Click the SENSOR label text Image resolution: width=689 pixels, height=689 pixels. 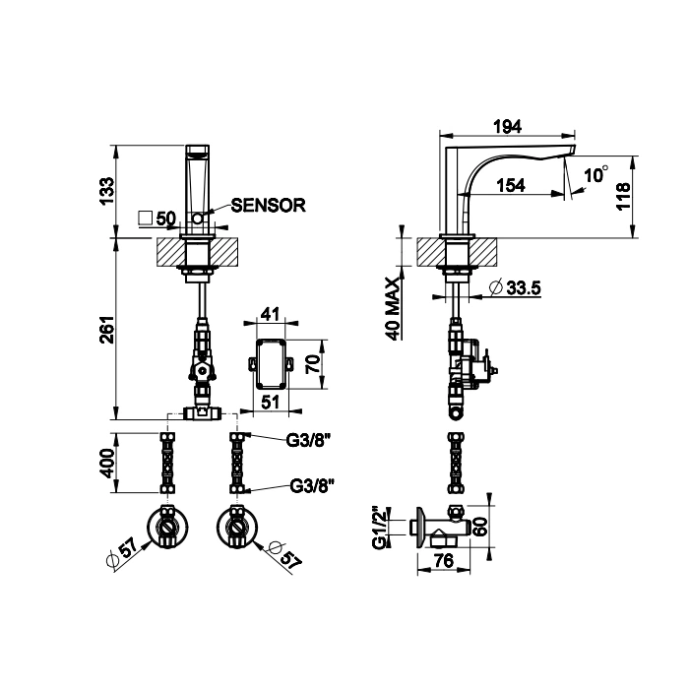(268, 205)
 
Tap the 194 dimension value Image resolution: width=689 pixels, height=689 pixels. (508, 127)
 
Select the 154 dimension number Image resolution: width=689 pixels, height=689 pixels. (512, 185)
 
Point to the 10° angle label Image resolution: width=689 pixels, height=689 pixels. (596, 174)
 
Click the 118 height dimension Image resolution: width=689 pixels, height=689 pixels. (623, 197)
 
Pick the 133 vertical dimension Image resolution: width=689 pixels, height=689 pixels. (106, 191)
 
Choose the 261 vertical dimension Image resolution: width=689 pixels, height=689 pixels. (106, 330)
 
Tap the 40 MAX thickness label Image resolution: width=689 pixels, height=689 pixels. (394, 308)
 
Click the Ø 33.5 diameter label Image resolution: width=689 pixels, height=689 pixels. (515, 287)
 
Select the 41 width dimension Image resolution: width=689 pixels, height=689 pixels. (271, 314)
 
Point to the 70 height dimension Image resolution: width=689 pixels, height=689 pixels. (312, 364)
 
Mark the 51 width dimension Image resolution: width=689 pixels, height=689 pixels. (271, 402)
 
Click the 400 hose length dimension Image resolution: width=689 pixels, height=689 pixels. (106, 464)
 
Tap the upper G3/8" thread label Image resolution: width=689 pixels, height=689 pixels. (307, 440)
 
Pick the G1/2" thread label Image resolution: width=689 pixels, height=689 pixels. (379, 528)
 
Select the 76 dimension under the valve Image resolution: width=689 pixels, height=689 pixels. (443, 560)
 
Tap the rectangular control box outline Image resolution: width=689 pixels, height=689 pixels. (271, 364)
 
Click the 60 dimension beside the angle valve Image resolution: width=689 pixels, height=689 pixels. (480, 527)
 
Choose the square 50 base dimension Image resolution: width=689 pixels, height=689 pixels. (157, 218)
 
